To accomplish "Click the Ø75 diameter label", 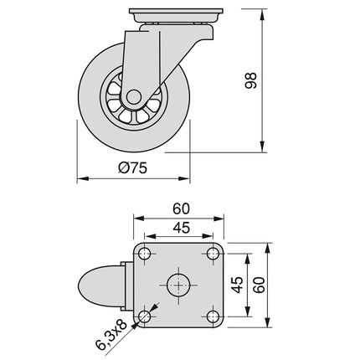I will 133,168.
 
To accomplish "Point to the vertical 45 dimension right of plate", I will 239,285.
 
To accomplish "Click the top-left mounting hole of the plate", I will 145,254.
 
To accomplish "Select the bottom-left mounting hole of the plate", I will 145,316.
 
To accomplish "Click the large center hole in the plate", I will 179,285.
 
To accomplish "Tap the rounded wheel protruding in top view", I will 98,285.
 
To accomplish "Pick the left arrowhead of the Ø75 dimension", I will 82,179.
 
